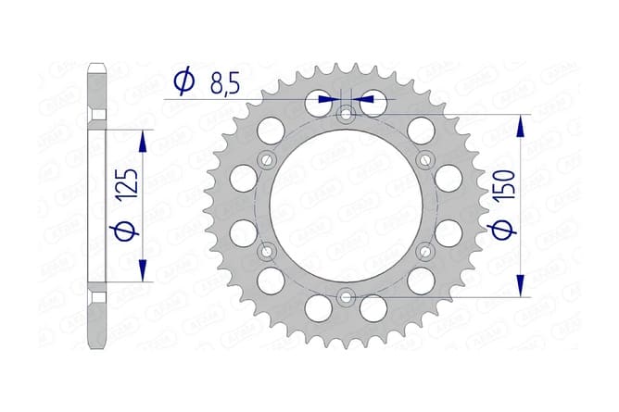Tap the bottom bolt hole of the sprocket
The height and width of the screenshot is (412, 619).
(x=347, y=296)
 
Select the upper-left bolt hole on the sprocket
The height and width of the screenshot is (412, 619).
(x=268, y=159)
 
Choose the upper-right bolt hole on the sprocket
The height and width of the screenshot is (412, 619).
(x=425, y=159)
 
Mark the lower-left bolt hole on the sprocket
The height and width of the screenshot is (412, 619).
(x=268, y=251)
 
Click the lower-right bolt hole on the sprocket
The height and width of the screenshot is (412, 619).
(x=425, y=251)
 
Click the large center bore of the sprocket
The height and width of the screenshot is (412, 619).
(x=347, y=206)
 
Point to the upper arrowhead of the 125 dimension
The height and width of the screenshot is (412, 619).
(x=143, y=139)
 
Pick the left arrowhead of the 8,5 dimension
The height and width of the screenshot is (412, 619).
(x=324, y=97)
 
